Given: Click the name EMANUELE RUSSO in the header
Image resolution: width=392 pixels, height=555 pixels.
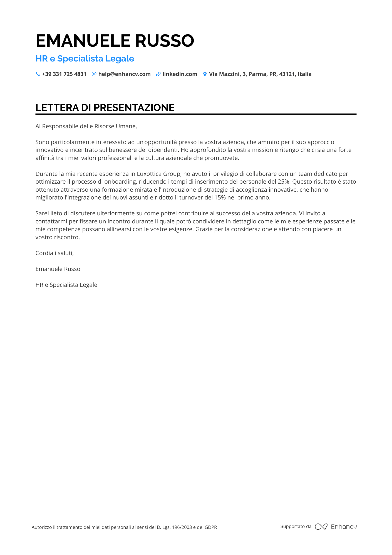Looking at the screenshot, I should [115, 41].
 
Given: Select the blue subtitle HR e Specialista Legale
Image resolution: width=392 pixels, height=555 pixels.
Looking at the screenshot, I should [85, 59].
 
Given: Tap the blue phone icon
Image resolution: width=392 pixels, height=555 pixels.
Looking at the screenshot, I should [38, 74].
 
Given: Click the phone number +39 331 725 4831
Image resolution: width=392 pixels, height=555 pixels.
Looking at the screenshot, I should [64, 74].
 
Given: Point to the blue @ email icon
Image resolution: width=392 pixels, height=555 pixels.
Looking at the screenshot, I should [94, 74].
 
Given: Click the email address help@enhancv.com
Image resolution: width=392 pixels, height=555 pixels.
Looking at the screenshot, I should [124, 74].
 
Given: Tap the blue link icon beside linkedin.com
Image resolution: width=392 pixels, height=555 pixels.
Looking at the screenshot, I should [158, 74].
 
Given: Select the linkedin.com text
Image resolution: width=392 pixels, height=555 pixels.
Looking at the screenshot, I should [180, 74].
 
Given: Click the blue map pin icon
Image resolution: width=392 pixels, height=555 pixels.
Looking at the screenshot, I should [205, 74].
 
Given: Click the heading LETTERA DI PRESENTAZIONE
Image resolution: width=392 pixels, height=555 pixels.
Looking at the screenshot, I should [105, 108].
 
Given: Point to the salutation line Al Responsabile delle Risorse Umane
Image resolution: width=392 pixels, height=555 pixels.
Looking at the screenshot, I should [86, 126].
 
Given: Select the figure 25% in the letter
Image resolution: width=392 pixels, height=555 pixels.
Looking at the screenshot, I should [283, 182].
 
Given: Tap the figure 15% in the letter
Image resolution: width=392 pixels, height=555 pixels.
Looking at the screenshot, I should [220, 198].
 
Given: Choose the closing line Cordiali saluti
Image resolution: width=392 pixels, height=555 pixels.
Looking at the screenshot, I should [54, 253].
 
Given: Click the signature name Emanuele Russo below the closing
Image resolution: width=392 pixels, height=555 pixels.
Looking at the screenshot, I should [58, 269].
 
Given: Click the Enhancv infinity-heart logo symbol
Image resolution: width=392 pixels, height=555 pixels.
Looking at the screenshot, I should [321, 527].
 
